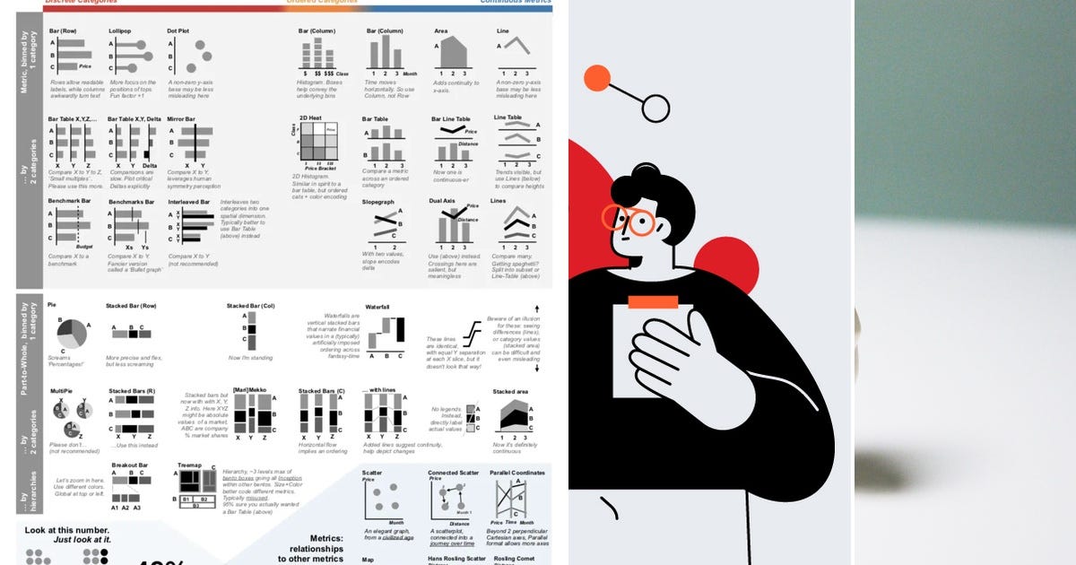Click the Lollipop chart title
click(x=120, y=31)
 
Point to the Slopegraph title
click(x=378, y=202)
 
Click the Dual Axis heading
click(x=445, y=202)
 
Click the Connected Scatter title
click(x=452, y=472)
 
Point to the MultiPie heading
click(x=61, y=391)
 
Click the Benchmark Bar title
click(x=69, y=202)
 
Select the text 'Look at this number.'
click(x=61, y=531)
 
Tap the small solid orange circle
click(x=596, y=79)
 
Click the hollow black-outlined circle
click(x=655, y=109)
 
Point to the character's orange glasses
click(x=631, y=220)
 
